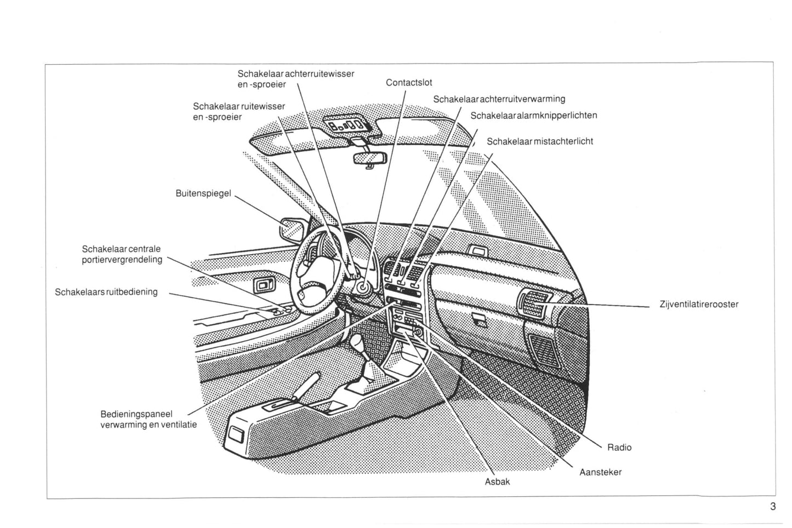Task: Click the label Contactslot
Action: click(408, 83)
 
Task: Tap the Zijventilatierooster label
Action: click(699, 304)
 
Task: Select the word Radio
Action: click(619, 447)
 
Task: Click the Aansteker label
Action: click(600, 472)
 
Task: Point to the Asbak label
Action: click(497, 482)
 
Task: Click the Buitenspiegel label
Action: click(203, 193)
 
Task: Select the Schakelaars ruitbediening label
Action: click(106, 292)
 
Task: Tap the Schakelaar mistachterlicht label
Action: click(540, 141)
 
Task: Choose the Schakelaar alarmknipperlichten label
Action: click(533, 116)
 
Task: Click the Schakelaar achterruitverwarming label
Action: click(499, 99)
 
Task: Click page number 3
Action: click(773, 507)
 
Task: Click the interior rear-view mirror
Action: click(370, 158)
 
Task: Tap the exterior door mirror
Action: click(291, 229)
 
